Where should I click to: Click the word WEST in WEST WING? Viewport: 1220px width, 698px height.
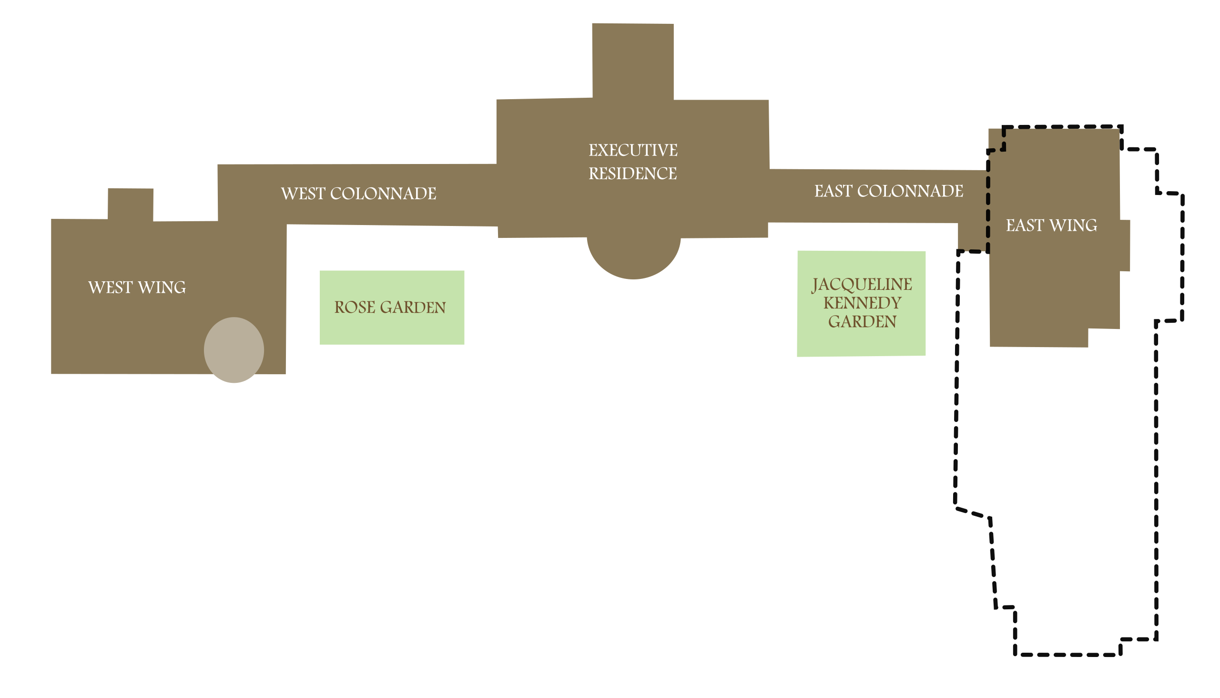tap(110, 287)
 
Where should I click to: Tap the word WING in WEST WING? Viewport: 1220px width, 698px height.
tap(162, 287)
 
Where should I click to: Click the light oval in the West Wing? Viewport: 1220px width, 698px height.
tap(234, 350)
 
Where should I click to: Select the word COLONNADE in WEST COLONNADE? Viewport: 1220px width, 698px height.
tap(383, 194)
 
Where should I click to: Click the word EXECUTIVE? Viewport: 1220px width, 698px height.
tap(632, 151)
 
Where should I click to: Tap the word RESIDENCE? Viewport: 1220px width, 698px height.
tap(632, 174)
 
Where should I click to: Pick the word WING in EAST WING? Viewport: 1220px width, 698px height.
tap(1073, 226)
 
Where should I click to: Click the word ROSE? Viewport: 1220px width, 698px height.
tap(355, 308)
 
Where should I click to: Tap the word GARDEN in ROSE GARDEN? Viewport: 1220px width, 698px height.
tap(413, 308)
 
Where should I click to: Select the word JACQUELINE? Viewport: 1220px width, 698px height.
tap(862, 284)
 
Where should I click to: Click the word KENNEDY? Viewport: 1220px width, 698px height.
tap(862, 303)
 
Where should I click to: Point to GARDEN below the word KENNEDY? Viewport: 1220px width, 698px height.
tap(862, 322)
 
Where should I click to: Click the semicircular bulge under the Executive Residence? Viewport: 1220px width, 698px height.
tap(633, 259)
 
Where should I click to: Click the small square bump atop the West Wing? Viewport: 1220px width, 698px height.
tap(130, 204)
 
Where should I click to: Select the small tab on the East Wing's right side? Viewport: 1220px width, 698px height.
tap(1125, 246)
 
